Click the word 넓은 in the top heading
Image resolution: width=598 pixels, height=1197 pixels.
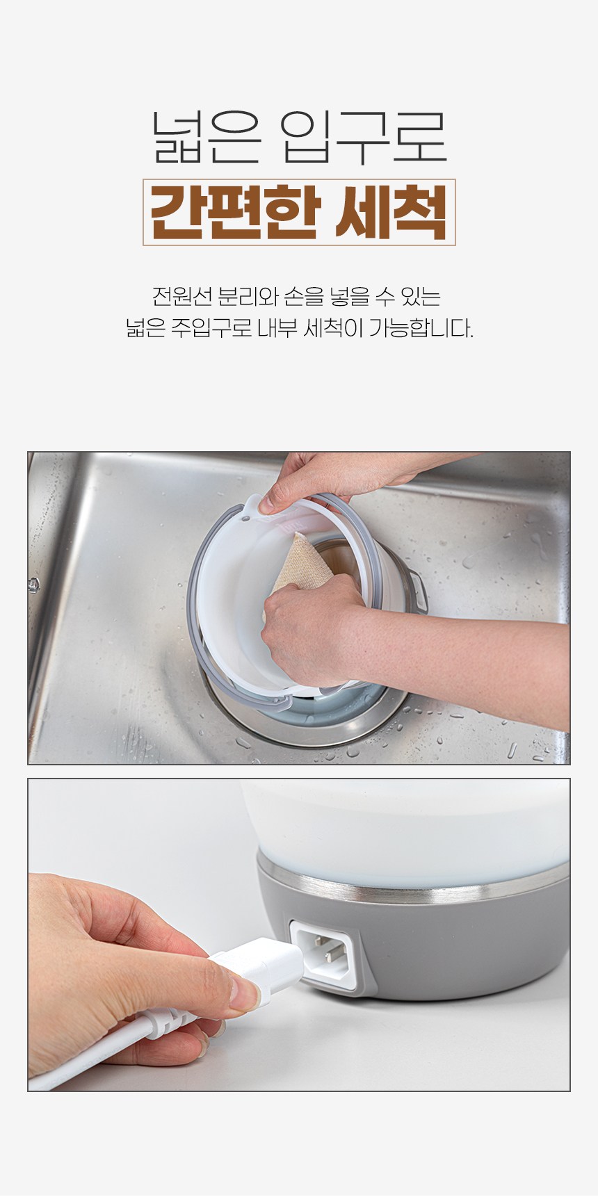click(x=204, y=138)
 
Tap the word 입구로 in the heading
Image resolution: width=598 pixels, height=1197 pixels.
click(x=366, y=138)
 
